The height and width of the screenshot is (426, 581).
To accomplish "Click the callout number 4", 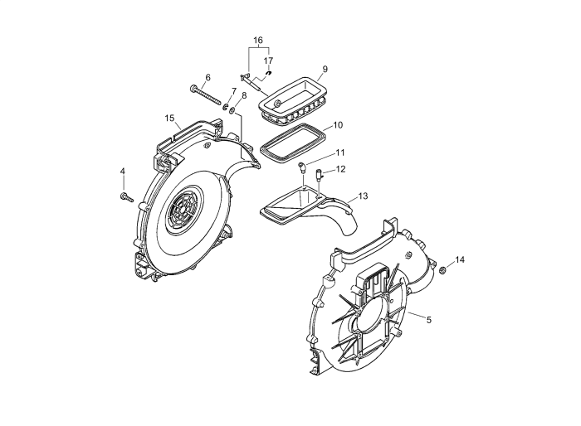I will click(x=123, y=172).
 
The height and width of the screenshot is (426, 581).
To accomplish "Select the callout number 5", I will click(x=429, y=318).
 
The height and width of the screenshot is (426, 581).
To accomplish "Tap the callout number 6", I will click(x=207, y=78).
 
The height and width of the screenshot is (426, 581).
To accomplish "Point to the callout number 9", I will click(x=325, y=69).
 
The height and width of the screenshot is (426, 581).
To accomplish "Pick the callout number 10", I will click(x=338, y=125).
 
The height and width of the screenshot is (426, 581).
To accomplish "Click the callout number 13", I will click(x=363, y=196).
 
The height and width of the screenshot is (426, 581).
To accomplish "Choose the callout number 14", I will click(x=460, y=259).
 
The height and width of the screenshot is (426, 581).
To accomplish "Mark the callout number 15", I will click(x=170, y=119).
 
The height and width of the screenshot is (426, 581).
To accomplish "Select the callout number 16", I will click(x=258, y=40).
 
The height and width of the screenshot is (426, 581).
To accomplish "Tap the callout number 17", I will click(x=268, y=61).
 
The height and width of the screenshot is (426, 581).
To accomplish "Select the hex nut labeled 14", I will click(x=443, y=271).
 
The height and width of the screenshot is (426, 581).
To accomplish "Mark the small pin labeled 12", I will click(x=318, y=174).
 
